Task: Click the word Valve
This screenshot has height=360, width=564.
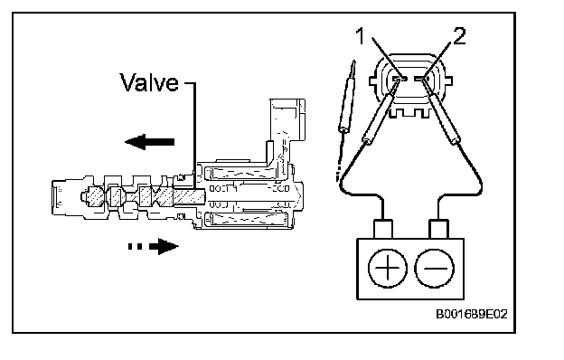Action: (x=149, y=82)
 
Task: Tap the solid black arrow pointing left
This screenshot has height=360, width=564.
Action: (x=150, y=142)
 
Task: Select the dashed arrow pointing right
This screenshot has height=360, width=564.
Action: (x=154, y=247)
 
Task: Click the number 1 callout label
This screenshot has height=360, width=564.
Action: (x=360, y=37)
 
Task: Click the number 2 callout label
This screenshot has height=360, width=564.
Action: (x=458, y=36)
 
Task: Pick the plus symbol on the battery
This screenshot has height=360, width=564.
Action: (x=388, y=269)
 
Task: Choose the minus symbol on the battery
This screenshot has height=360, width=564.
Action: (x=435, y=269)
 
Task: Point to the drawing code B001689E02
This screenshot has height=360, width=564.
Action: (x=472, y=314)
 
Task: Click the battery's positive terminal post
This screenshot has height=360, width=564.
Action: (x=383, y=229)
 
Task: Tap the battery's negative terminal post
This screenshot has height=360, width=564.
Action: (x=439, y=229)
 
